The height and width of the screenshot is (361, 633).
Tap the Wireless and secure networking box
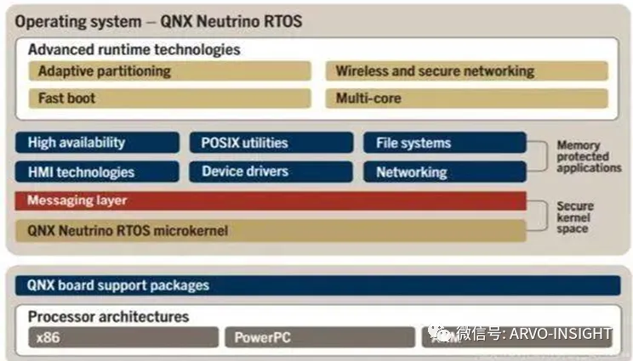point(466,71)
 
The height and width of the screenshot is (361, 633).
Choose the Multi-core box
point(466,99)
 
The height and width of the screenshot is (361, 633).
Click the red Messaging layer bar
point(271,201)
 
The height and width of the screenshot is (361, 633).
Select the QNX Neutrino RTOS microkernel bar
point(271,230)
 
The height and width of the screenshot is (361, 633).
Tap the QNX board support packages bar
point(317,285)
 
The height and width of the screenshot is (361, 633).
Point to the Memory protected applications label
point(589,157)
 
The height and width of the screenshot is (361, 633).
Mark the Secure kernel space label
point(576,217)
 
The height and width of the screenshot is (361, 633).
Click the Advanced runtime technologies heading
point(134,50)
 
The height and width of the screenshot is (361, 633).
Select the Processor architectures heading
point(109,317)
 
